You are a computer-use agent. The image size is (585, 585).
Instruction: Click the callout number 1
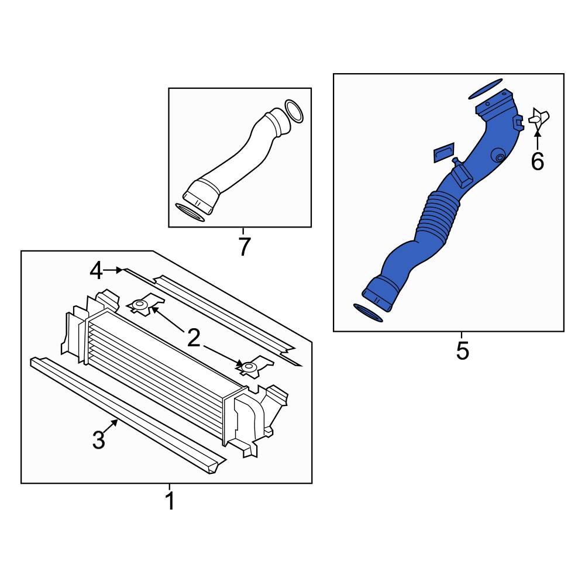(x=170, y=501)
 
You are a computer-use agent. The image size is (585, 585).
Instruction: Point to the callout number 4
(x=97, y=271)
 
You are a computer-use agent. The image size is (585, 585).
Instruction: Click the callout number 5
(x=462, y=350)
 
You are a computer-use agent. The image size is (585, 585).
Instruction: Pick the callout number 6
(x=537, y=161)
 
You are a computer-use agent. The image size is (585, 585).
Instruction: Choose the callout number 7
(x=243, y=247)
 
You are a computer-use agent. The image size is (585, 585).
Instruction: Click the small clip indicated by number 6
(x=539, y=118)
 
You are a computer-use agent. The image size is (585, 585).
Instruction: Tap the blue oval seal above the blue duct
(x=485, y=89)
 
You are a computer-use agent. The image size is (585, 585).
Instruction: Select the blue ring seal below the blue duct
(x=367, y=312)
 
